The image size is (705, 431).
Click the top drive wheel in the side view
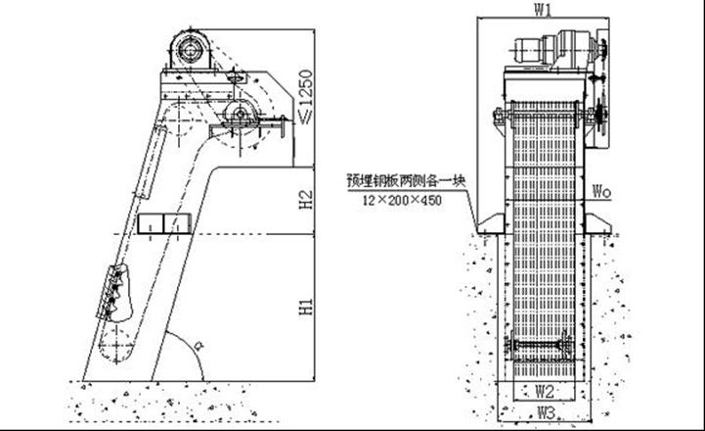pyautogui.click(x=189, y=49)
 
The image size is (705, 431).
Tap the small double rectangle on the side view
pyautogui.click(x=163, y=224)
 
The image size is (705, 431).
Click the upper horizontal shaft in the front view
pyautogui.click(x=548, y=120)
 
